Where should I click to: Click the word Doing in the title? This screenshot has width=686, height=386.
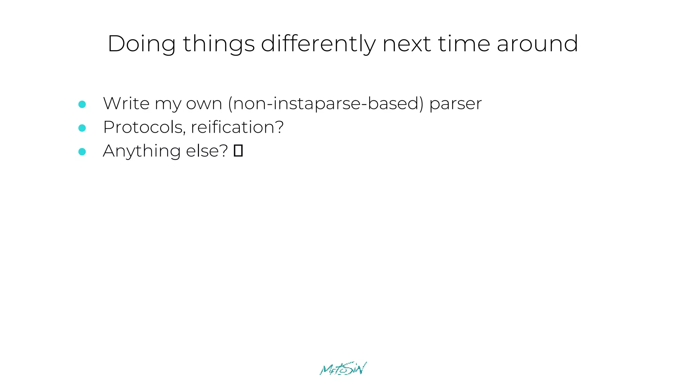pos(141,44)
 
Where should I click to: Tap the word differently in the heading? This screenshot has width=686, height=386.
pos(318,44)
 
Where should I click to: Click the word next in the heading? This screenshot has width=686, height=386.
pos(406,44)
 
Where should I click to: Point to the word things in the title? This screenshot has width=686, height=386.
pos(219,44)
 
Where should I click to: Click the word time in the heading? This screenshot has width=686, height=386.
pos(464,44)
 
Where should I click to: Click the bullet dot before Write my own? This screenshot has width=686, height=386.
pos(82,104)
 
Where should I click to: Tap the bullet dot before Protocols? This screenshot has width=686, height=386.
pos(82,128)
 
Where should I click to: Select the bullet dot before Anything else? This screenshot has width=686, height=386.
pos(82,152)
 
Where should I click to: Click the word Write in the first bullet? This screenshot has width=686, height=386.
pos(126,103)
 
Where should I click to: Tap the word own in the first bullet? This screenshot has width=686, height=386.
pos(204,104)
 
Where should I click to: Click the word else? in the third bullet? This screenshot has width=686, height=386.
pos(207,151)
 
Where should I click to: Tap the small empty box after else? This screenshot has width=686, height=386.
pos(238,151)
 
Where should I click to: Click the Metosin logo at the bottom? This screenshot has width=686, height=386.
pos(343,369)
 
